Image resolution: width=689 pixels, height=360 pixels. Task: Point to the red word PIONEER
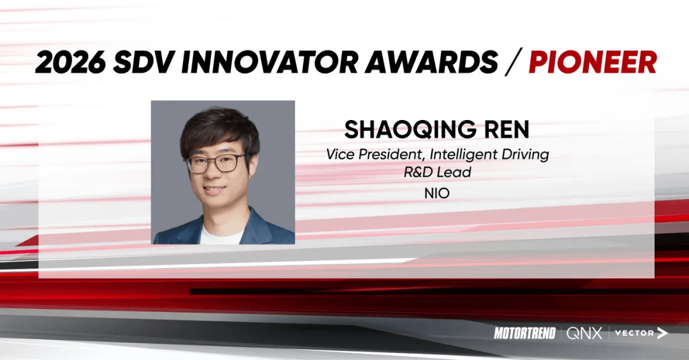coord(593,63)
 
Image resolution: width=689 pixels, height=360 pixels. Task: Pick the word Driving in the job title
coord(525,154)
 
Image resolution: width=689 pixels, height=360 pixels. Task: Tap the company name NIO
coord(437,192)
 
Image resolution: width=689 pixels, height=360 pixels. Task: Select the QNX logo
coord(584,333)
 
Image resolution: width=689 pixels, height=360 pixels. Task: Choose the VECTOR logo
coord(635,333)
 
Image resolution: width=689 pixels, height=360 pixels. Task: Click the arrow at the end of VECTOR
coord(662,333)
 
